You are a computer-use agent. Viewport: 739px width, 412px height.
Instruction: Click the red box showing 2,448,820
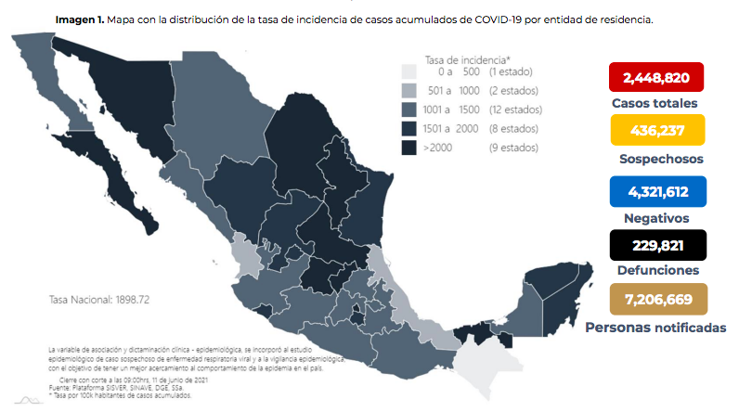tap(655, 78)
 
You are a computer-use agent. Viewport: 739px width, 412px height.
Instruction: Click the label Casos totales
tap(655, 104)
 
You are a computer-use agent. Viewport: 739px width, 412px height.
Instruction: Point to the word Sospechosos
tap(660, 159)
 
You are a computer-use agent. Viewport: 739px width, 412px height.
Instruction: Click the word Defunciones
tap(657, 270)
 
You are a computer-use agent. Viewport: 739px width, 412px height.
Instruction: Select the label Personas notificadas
tap(655, 328)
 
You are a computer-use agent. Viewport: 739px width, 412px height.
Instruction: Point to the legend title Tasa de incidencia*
tap(460, 58)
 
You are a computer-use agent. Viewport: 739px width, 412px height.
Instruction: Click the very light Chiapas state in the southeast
tap(479, 364)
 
